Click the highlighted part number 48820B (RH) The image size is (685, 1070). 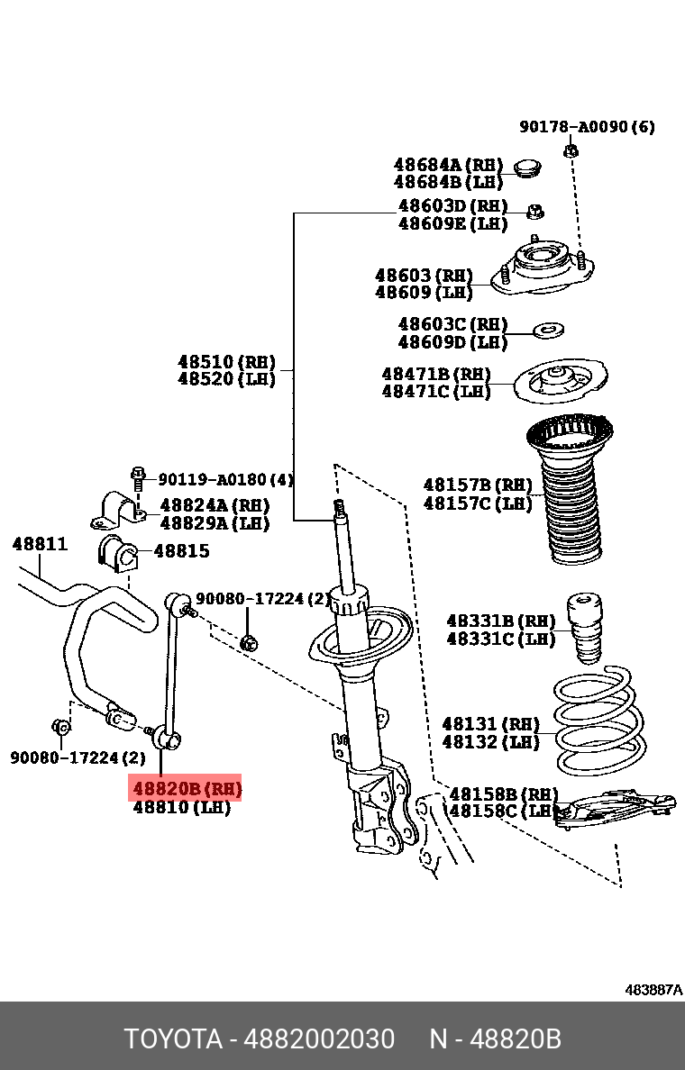pyautogui.click(x=187, y=789)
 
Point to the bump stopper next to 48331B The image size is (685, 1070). pyautogui.click(x=586, y=628)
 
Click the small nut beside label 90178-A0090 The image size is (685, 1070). pyautogui.click(x=571, y=150)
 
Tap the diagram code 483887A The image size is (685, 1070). pyautogui.click(x=653, y=990)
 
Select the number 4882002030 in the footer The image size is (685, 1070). pyautogui.click(x=319, y=1039)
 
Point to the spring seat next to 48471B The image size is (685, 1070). pyautogui.click(x=560, y=382)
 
